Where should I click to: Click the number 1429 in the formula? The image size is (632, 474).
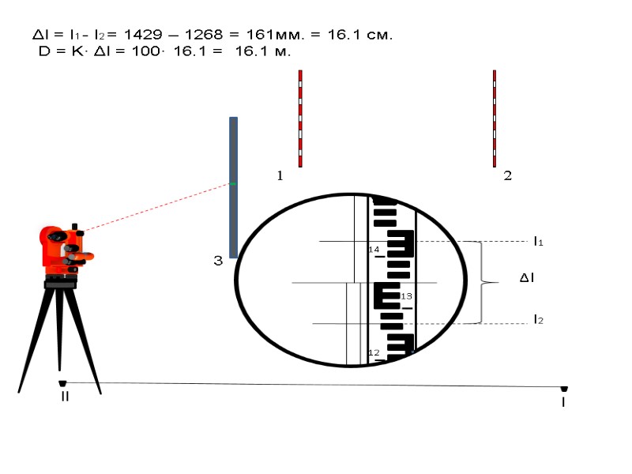click(143, 35)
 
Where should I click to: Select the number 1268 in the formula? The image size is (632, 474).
click(204, 35)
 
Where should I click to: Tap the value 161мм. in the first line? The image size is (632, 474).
click(275, 35)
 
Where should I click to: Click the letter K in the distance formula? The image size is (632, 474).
click(77, 51)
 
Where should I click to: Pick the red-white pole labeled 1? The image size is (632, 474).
click(300, 118)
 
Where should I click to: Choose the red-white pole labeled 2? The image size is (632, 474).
click(495, 118)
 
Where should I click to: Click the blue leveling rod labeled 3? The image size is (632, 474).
click(233, 187)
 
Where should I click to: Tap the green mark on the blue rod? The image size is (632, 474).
click(233, 184)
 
